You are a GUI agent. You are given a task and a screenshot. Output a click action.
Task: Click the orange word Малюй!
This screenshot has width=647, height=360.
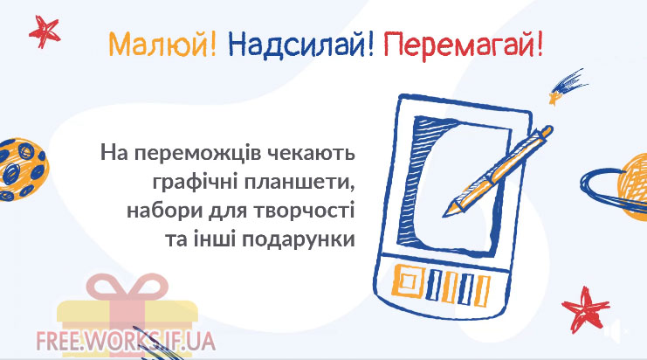click(x=162, y=45)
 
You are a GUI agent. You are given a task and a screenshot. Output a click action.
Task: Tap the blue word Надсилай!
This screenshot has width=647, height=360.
click(x=301, y=45)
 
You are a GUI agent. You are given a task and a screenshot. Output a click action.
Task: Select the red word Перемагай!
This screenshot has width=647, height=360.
click(x=463, y=45)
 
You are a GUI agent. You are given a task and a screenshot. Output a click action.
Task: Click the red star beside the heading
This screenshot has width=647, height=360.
click(x=45, y=31)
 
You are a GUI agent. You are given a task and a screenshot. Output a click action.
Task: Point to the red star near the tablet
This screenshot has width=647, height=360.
click(x=586, y=308)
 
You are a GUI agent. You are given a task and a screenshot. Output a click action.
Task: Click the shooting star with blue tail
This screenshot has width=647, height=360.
click(x=567, y=87)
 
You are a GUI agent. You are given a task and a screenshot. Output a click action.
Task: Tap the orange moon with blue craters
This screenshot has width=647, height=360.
click(x=23, y=170)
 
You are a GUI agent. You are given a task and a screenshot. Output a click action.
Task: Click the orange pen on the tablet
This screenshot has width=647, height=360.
click(x=497, y=171)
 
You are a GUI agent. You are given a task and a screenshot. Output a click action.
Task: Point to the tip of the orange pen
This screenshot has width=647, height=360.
click(x=444, y=216)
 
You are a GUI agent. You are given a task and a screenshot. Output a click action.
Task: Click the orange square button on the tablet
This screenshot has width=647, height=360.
click(x=408, y=281)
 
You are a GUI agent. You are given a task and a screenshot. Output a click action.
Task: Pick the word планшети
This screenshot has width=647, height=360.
click(x=299, y=183)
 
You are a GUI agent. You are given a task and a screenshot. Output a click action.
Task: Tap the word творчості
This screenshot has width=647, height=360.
click(x=304, y=211)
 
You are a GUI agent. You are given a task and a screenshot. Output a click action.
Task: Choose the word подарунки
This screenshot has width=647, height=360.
click(x=299, y=240)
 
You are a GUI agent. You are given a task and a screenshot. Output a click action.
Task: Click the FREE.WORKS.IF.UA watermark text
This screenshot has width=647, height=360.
click(x=126, y=341)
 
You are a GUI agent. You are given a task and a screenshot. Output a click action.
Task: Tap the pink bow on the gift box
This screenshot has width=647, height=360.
click(x=127, y=286)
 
